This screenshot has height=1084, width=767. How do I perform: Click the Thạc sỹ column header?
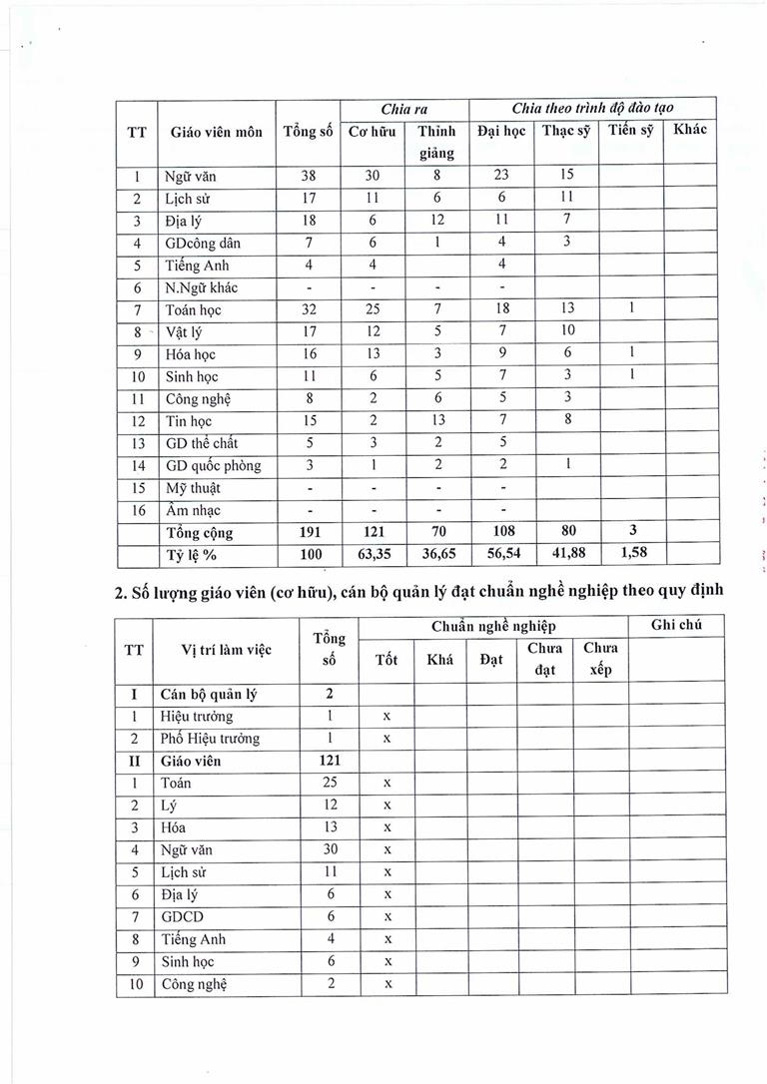pos(565,132)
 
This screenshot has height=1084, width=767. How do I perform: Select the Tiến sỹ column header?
pos(630,131)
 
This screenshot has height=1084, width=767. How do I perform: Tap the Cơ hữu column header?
pos(372,132)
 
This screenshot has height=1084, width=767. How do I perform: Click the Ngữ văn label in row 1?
pos(191,177)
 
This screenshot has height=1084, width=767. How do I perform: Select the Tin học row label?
pos(189,421)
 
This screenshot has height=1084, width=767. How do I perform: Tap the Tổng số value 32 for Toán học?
pos(308,310)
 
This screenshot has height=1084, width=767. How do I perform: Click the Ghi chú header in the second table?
pos(675,626)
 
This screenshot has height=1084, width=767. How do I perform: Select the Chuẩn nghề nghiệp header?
pos(493,626)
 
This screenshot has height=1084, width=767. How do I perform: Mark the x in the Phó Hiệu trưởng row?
pos(385,739)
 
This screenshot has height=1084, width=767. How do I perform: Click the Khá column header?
pos(439,659)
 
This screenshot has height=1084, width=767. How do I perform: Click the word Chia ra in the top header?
pos(403,108)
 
